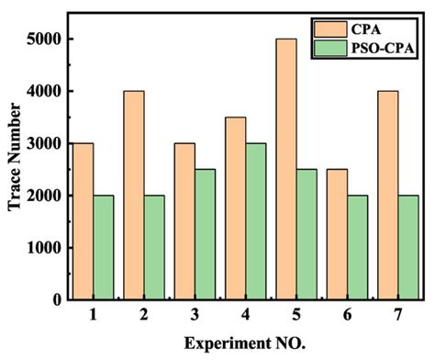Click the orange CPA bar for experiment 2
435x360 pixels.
click(x=134, y=196)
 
